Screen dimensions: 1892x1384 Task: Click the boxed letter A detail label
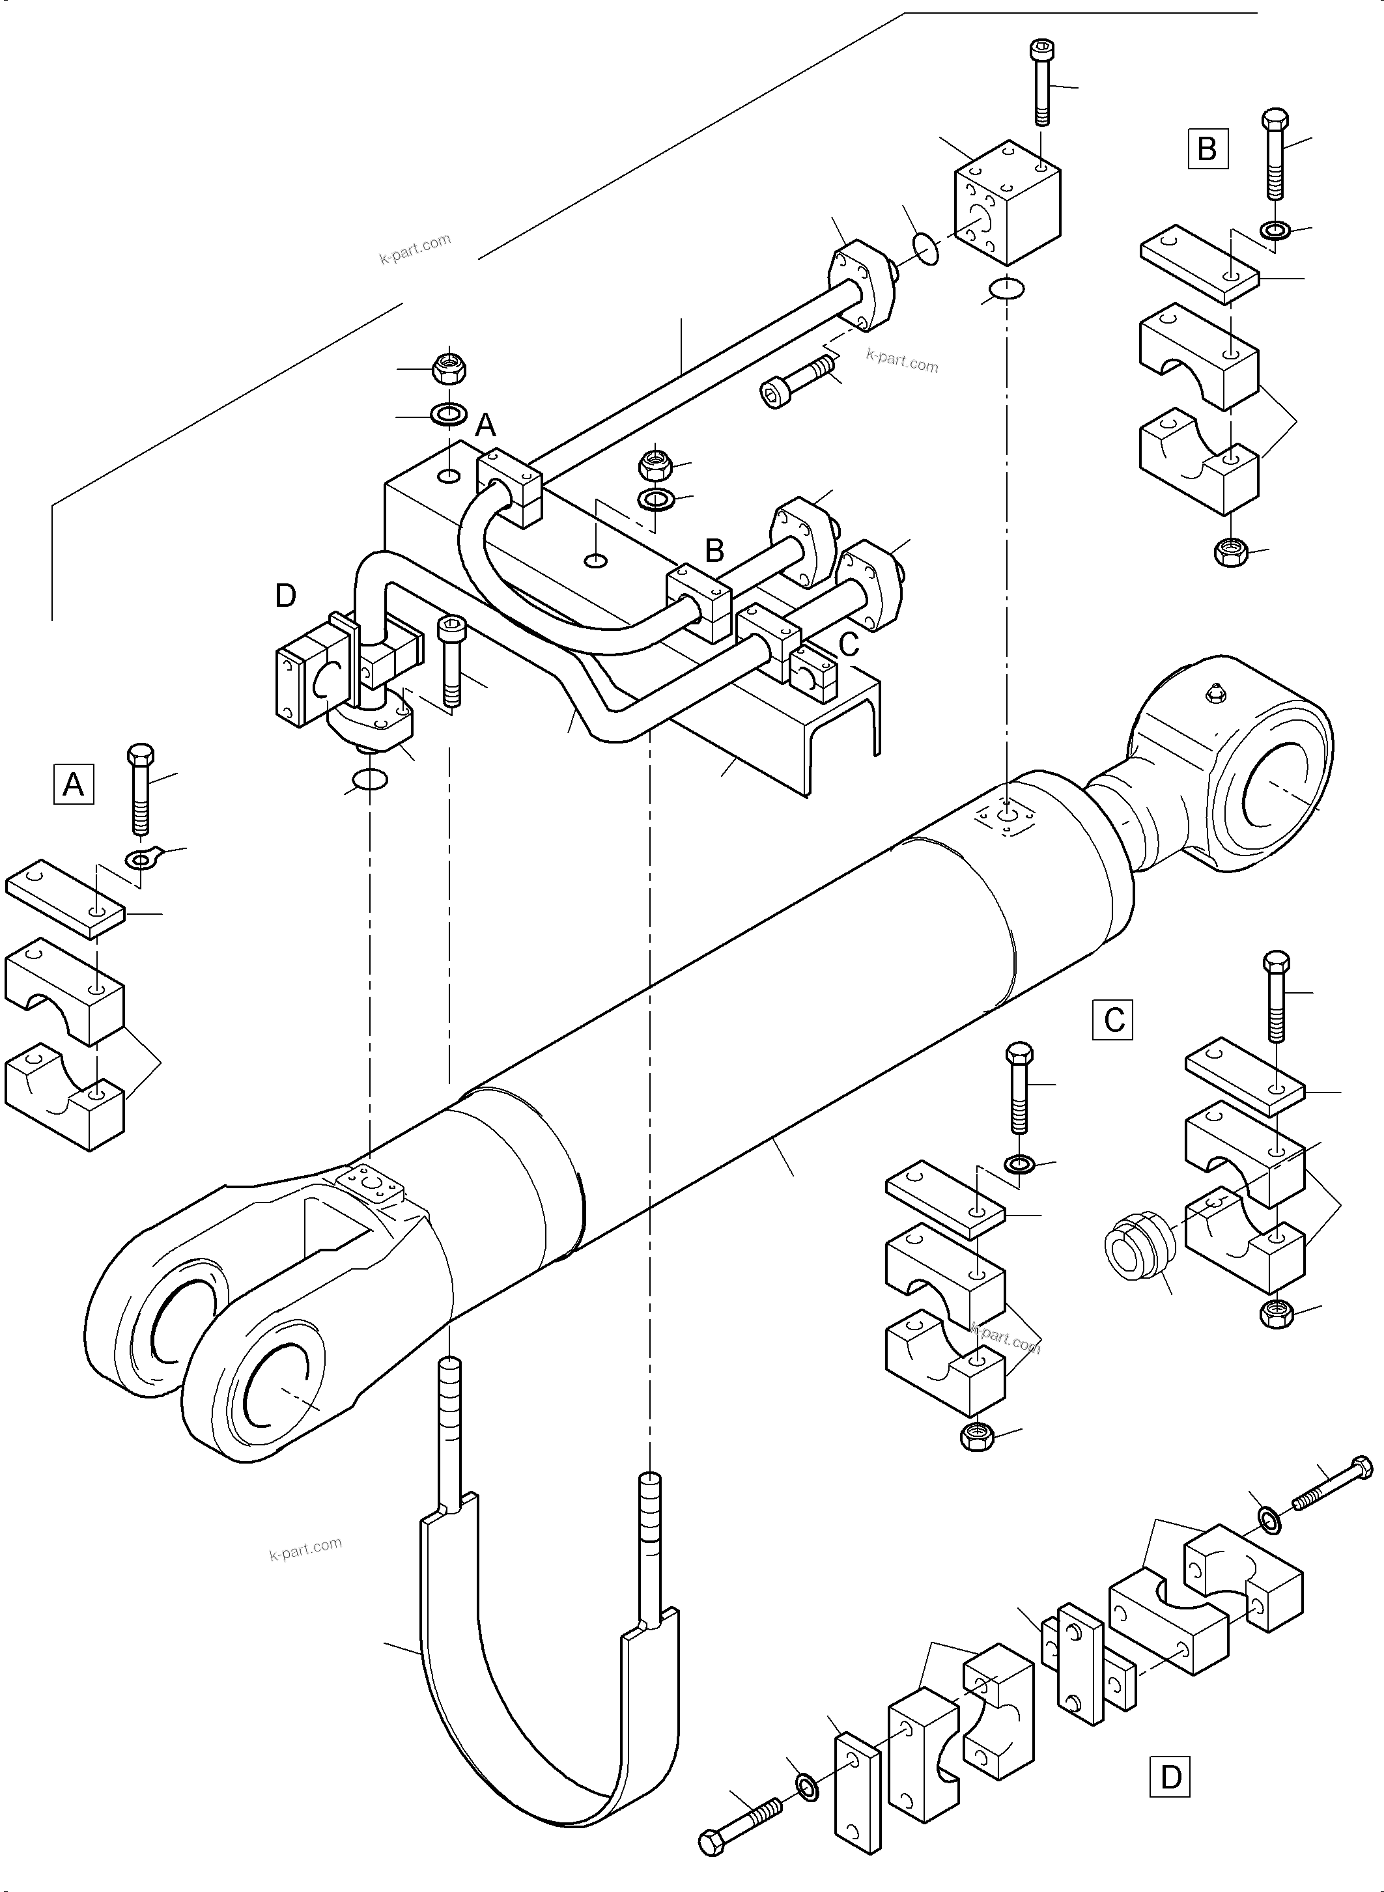pyautogui.click(x=74, y=785)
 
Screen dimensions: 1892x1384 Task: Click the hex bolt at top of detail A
pyautogui.click(x=140, y=787)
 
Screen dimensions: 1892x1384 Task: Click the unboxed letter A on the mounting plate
pyautogui.click(x=486, y=427)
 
